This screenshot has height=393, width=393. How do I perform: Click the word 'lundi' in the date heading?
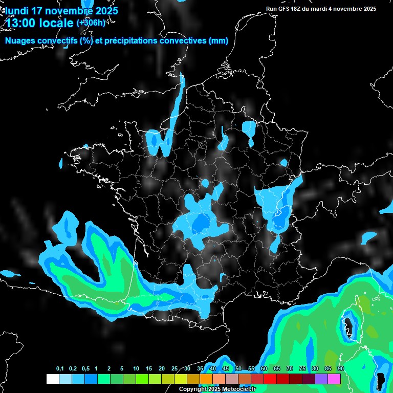[x=17, y=10]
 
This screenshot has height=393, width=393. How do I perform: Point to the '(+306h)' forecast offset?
[x=91, y=23]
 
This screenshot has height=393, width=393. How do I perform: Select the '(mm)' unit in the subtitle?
[x=219, y=41]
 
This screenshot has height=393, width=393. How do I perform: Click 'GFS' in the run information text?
[x=285, y=9]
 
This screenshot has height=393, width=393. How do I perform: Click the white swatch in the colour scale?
[x=52, y=379]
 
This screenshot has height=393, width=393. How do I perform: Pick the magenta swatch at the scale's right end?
[x=334, y=379]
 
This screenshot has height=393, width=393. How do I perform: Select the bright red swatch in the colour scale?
[x=270, y=379]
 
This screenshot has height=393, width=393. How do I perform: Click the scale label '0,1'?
[x=60, y=369]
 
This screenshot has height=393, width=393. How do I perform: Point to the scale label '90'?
[x=340, y=369]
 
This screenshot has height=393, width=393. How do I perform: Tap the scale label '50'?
[x=238, y=369]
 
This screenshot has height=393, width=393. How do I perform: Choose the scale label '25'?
[x=174, y=369]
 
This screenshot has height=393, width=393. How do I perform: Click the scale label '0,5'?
[x=85, y=369]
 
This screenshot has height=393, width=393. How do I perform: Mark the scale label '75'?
[x=302, y=369]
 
